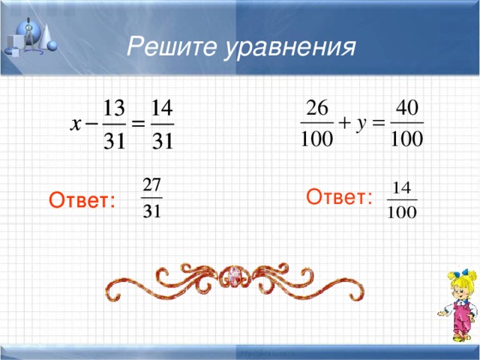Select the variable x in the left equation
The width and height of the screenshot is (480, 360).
76,124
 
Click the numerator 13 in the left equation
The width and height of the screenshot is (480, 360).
114,106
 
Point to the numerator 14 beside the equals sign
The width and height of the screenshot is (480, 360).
163,106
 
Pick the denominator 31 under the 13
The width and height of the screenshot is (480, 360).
114,142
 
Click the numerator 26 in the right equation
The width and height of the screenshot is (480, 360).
316,106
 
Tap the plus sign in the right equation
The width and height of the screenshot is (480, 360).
346,124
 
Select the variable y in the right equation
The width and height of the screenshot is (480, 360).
361,124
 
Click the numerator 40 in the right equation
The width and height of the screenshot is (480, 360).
408,106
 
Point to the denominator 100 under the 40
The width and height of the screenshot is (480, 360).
408,141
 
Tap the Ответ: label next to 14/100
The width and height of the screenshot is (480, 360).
340,197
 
